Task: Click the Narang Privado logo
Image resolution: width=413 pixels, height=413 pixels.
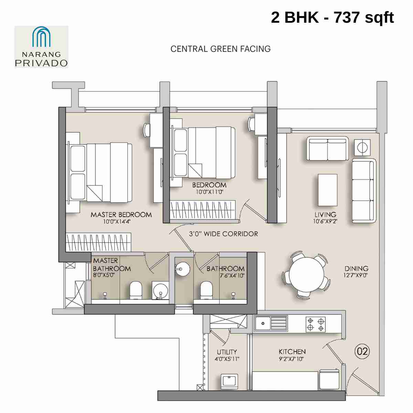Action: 41,46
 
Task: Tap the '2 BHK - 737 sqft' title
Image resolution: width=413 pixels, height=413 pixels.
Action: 332,17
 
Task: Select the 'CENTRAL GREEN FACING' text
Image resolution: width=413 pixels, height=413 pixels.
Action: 220,49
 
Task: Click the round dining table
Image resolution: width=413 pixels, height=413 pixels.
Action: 306,275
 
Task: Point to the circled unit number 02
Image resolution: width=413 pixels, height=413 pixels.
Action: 362,351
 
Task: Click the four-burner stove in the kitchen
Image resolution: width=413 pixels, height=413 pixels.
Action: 316,324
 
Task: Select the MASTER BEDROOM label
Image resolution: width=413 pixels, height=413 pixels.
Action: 121,215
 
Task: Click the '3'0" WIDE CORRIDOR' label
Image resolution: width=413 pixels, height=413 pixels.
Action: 223,234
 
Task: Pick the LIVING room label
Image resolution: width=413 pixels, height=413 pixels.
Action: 325,214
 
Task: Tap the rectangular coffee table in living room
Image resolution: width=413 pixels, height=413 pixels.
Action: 327,190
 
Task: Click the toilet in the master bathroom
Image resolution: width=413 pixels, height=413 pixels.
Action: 136,290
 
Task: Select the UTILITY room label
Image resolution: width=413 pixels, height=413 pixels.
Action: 227,352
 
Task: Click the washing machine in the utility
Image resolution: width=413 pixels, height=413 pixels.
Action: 229,381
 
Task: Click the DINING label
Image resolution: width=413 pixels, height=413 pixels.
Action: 356,268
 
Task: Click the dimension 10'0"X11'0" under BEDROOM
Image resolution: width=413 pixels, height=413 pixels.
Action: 210,192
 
